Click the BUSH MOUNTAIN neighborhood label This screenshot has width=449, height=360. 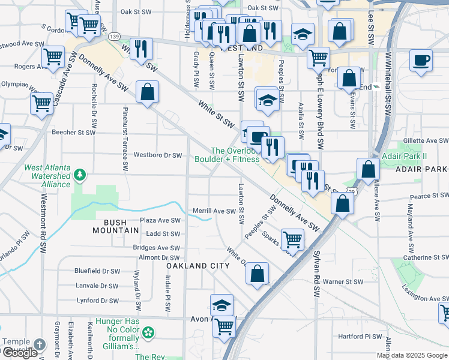(110, 226)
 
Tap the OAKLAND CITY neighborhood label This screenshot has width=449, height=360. (198, 266)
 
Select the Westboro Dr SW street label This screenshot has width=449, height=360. (158, 155)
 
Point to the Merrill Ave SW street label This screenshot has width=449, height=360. (214, 211)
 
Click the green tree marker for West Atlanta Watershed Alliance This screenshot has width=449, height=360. (79, 175)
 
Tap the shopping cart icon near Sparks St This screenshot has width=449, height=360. (292, 239)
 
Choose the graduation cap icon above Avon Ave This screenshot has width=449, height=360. (221, 304)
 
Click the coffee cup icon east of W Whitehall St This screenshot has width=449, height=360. (421, 60)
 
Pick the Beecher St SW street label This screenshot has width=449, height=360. (73, 133)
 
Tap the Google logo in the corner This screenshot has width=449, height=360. (19, 353)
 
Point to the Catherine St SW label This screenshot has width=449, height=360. (425, 258)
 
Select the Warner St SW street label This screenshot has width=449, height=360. (343, 281)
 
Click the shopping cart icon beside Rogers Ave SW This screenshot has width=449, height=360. (53, 58)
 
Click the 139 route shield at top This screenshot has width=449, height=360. (114, 37)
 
